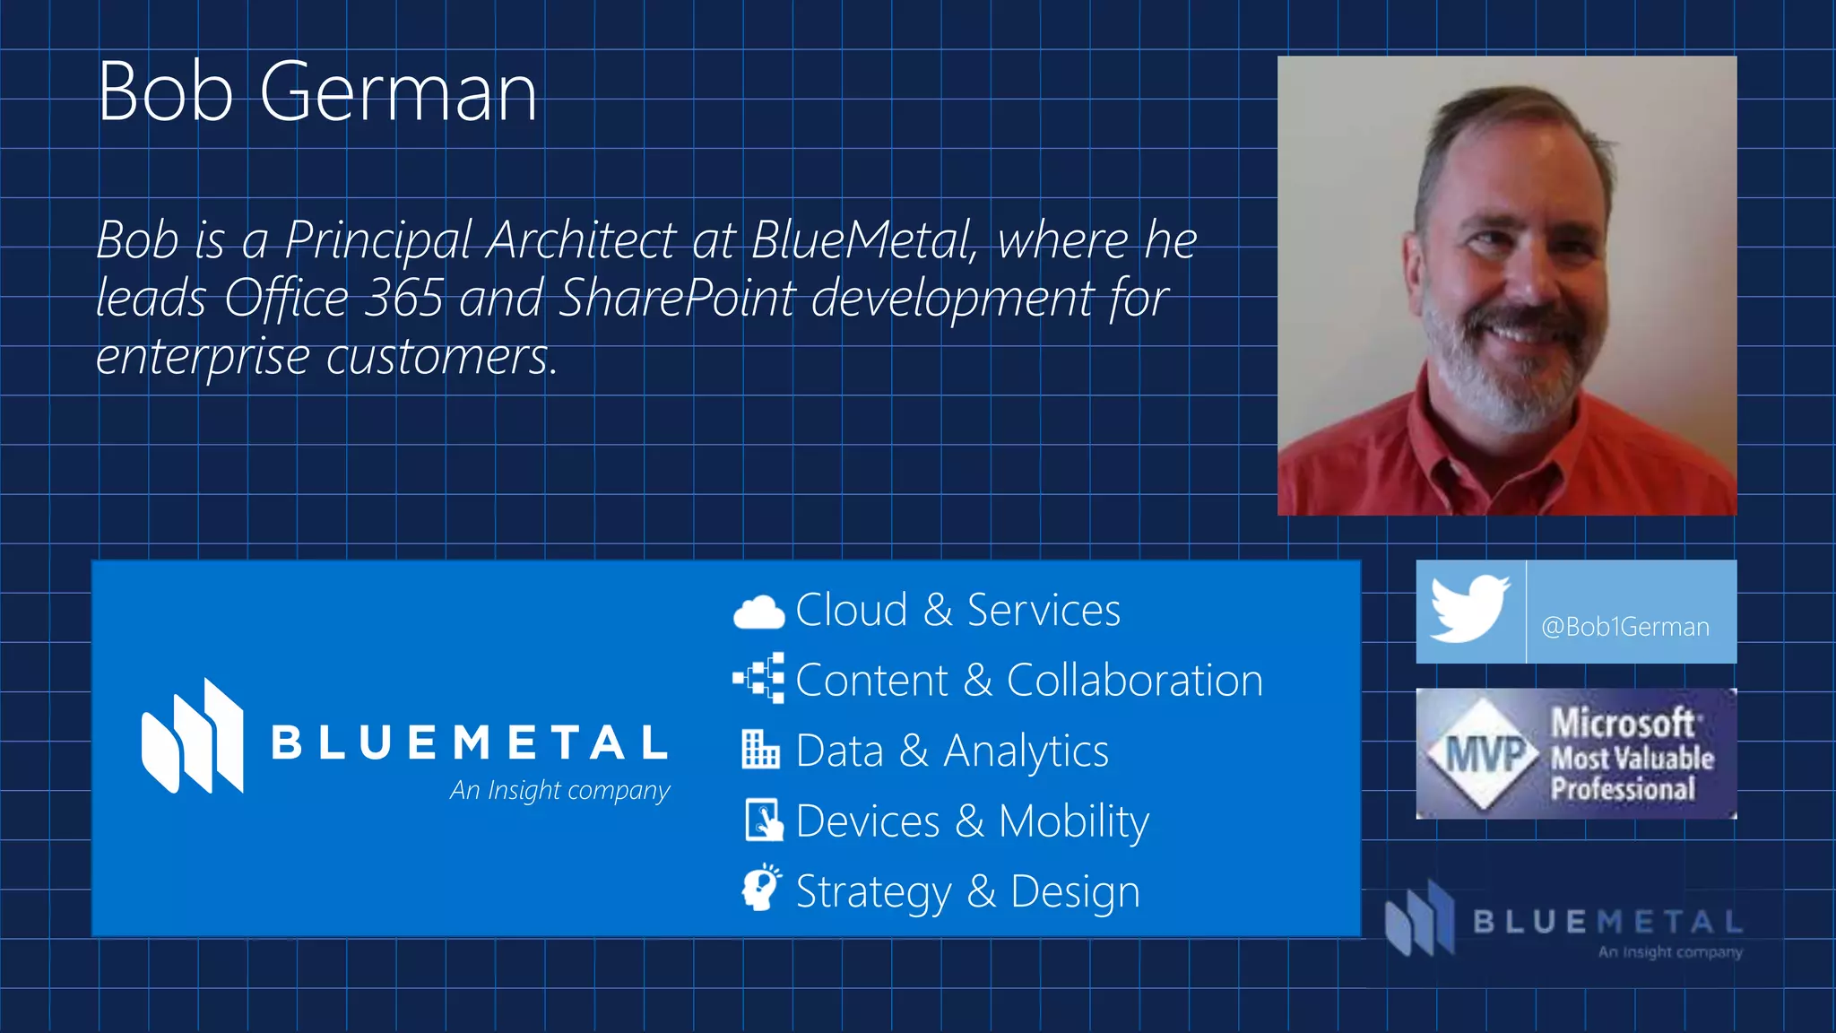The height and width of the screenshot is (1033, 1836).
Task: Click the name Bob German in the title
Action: point(317,91)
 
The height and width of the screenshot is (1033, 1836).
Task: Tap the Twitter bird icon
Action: point(1469,610)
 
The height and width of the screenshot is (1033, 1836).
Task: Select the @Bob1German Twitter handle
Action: point(1624,627)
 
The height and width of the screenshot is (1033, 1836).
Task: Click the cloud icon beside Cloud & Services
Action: point(758,612)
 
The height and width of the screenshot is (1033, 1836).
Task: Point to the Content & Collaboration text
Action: point(1028,681)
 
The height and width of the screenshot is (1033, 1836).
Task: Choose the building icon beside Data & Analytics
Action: point(760,750)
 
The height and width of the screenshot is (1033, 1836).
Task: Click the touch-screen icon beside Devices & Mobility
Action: point(763,820)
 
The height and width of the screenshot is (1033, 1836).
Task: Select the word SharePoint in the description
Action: point(676,298)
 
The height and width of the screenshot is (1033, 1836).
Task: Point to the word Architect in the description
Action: point(581,240)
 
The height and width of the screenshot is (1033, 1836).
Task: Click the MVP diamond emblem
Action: point(1485,753)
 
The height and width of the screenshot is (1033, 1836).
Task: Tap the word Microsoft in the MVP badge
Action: point(1623,722)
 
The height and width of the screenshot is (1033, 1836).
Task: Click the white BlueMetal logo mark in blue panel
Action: point(192,736)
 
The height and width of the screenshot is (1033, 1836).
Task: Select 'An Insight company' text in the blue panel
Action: point(559,790)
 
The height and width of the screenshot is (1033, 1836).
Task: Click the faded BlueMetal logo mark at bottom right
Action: point(1420,918)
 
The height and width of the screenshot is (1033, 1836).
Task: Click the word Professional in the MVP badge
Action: point(1623,789)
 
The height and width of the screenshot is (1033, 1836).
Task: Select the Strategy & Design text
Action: point(967,891)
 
